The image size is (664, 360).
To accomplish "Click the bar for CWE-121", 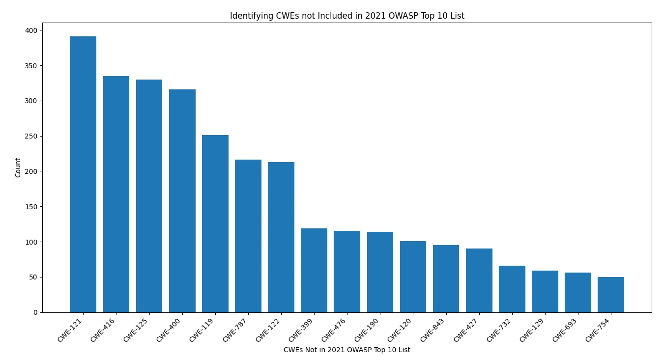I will tap(83, 174).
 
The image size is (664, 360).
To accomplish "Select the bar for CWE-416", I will tap(116, 194).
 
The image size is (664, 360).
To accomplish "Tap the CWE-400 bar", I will tap(182, 201).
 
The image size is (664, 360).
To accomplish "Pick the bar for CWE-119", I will tap(215, 223).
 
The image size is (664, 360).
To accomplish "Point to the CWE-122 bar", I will tap(281, 237).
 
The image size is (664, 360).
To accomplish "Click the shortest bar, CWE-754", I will tap(611, 295).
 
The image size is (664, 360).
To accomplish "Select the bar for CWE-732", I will tap(512, 289).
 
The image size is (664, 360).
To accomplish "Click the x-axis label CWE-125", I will tap(136, 331).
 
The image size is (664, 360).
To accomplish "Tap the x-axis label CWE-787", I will tap(235, 331).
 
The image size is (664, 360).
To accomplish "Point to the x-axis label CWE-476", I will tap(334, 331).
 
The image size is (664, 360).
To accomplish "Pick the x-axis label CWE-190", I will tap(367, 331).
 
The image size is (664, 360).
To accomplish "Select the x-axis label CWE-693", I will tap(565, 331).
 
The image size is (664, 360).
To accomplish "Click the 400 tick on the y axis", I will tap(31, 30).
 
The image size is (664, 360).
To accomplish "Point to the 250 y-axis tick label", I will tap(31, 136).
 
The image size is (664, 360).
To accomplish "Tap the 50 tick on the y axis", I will tap(33, 277).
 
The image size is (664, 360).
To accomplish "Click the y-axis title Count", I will tap(18, 167).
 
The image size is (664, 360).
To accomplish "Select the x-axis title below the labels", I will tap(346, 350).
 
